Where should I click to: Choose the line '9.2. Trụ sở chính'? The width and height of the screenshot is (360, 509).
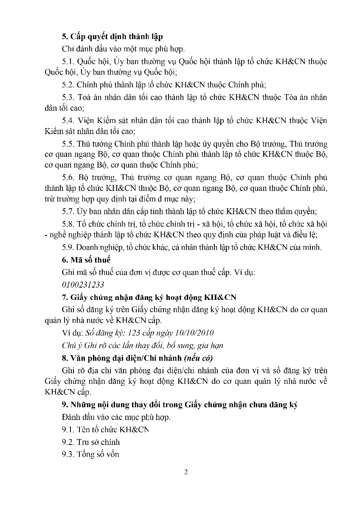pos(91,442)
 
